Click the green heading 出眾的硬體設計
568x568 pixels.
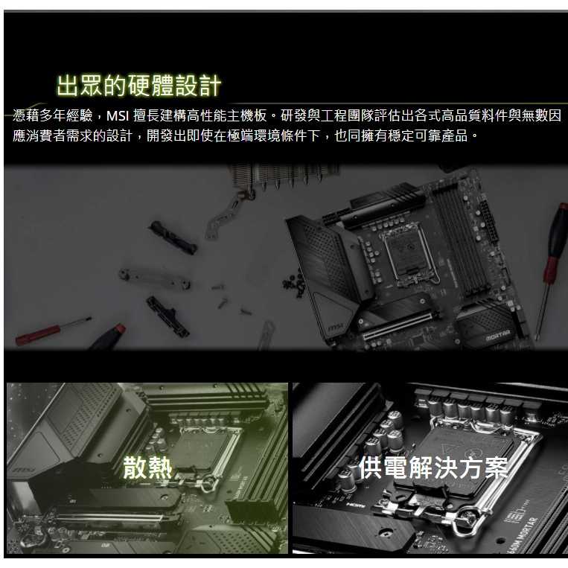pyautogui.click(x=138, y=86)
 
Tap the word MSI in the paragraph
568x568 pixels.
pyautogui.click(x=118, y=116)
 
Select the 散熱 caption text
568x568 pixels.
pyautogui.click(x=147, y=468)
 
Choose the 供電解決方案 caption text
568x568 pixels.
pyautogui.click(x=433, y=468)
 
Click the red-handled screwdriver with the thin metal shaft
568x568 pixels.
pyautogui.click(x=53, y=331)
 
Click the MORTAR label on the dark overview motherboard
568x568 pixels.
pyautogui.click(x=498, y=335)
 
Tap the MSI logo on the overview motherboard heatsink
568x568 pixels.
pyautogui.click(x=335, y=328)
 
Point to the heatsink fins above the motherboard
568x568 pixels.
pyautogui.click(x=283, y=176)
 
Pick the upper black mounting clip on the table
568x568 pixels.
pyautogui.click(x=173, y=237)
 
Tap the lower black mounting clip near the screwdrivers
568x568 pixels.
pyautogui.click(x=167, y=316)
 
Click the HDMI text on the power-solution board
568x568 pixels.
pyautogui.click(x=353, y=505)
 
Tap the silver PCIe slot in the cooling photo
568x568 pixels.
pyautogui.click(x=109, y=517)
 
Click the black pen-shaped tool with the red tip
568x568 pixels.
pyautogui.click(x=107, y=338)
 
